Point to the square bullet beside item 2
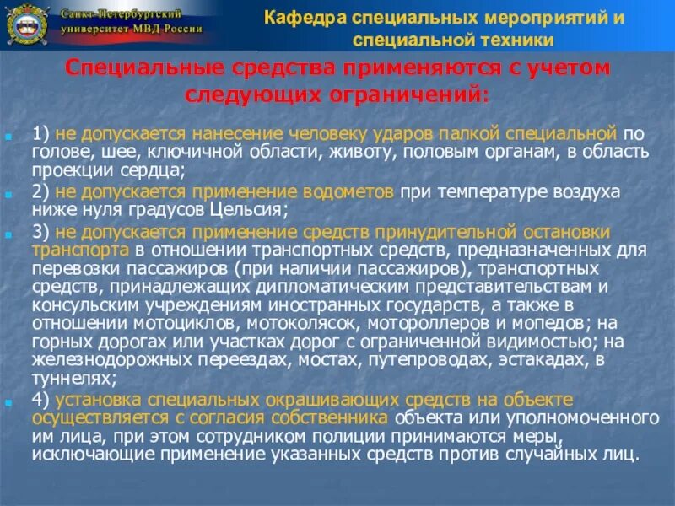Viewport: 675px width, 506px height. pyautogui.click(x=8, y=194)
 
